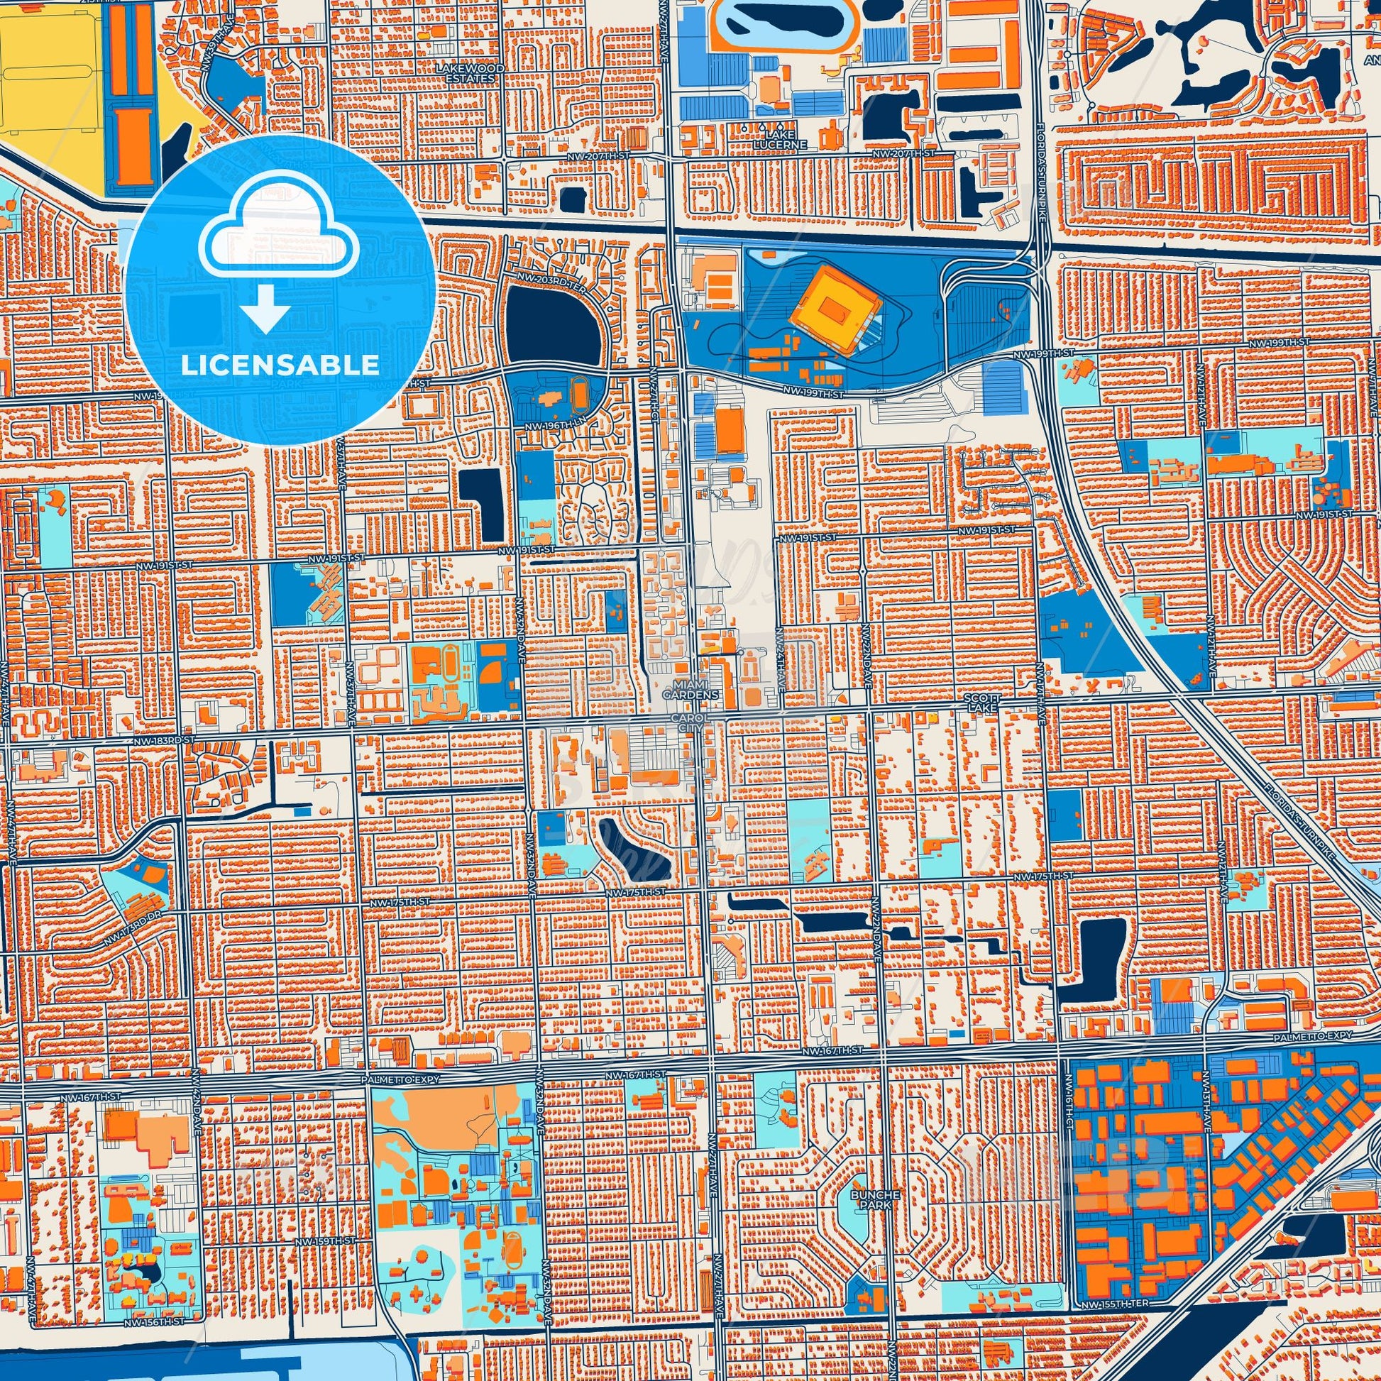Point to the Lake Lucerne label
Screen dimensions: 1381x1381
[x=783, y=139]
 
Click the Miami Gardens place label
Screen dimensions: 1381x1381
[x=690, y=689]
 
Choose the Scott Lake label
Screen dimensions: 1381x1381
[x=982, y=702]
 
